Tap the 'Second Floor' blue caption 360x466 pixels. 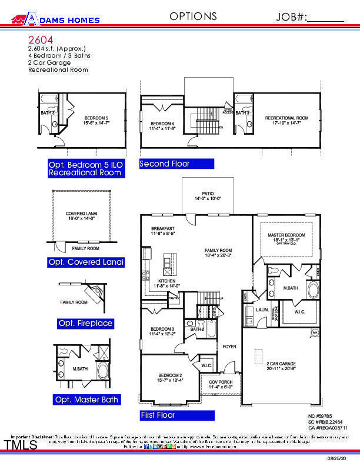pos(165,164)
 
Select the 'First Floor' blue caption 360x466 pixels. pos(158,415)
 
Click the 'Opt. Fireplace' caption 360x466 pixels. pos(85,324)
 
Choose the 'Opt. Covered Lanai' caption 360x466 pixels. pos(86,262)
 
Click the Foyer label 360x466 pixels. pos(229,347)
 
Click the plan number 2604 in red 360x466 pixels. pos(38,39)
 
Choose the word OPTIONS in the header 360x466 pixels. pos(193,16)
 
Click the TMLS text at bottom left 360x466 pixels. pos(21,445)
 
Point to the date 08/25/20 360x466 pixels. pos(344,457)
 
